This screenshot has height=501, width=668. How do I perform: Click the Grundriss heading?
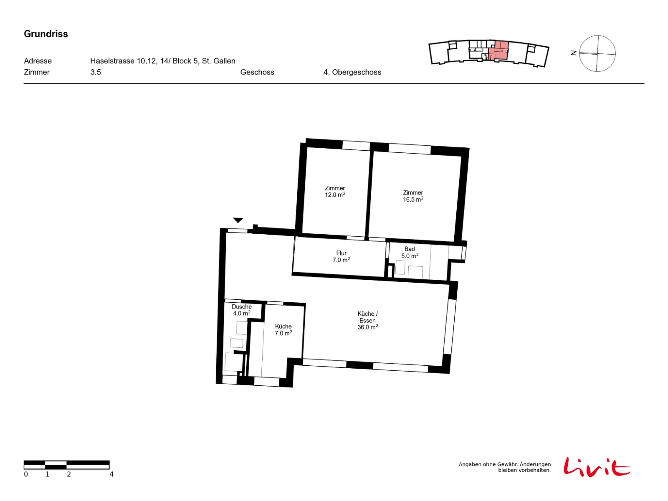[x=46, y=34]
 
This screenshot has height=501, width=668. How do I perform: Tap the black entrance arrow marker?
[x=238, y=220]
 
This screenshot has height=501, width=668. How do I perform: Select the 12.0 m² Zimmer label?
[x=335, y=191]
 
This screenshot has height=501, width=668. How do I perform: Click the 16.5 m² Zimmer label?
[x=413, y=196]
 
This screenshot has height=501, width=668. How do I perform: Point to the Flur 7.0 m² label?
[x=341, y=256]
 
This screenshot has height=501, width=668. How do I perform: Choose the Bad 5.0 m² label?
[x=410, y=253]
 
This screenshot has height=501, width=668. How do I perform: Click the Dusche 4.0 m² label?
[x=242, y=310]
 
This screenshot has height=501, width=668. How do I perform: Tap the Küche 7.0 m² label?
[x=283, y=330]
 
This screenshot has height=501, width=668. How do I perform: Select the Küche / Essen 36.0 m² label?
[x=368, y=320]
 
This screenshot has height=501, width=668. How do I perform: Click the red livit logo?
[x=597, y=467]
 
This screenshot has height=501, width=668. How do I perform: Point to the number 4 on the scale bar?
[x=111, y=474]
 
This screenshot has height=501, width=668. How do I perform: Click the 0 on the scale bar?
[x=26, y=474]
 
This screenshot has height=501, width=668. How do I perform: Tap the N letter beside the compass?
[x=574, y=53]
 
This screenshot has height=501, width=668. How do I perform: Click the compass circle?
[x=579, y=53]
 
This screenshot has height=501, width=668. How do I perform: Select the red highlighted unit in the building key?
[x=498, y=51]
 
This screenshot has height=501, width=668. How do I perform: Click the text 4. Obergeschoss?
[x=352, y=72]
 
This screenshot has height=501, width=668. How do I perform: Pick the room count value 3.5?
[x=96, y=72]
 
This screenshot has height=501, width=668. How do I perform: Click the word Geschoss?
[x=257, y=72]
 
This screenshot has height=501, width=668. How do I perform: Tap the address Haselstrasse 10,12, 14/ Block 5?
[x=144, y=61]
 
